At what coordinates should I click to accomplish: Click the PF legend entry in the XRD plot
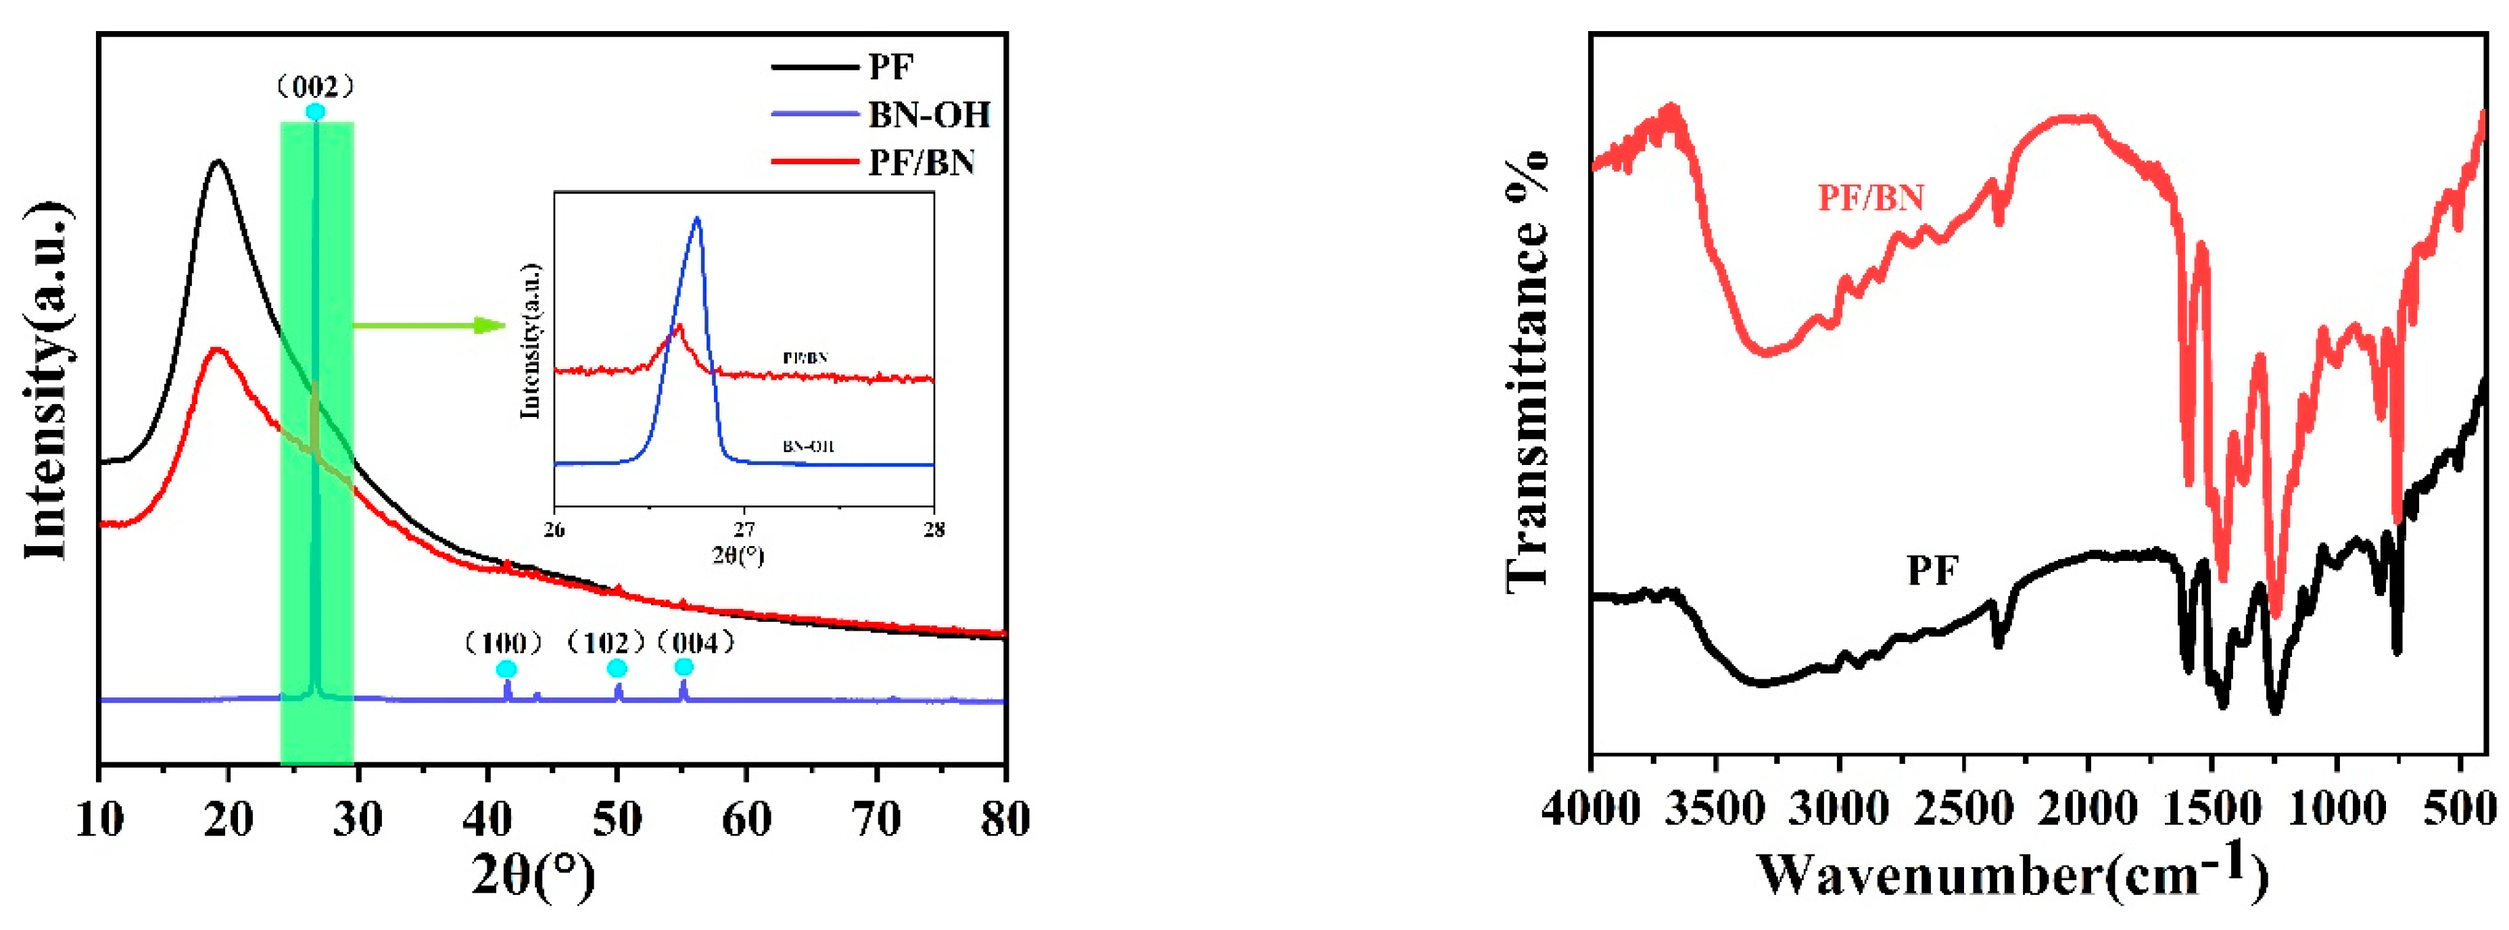coord(889,67)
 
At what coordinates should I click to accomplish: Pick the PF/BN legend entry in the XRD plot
coord(920,162)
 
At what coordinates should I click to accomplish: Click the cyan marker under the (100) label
coord(506,668)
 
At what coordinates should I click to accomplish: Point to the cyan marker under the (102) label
coord(617,667)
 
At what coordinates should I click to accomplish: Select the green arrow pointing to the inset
coord(429,325)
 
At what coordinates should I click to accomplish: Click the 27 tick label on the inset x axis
coord(744,531)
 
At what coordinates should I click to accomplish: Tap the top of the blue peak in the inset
coord(696,218)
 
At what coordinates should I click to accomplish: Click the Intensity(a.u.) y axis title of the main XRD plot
coord(47,382)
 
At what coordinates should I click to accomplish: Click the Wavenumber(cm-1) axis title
coord(2012,873)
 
